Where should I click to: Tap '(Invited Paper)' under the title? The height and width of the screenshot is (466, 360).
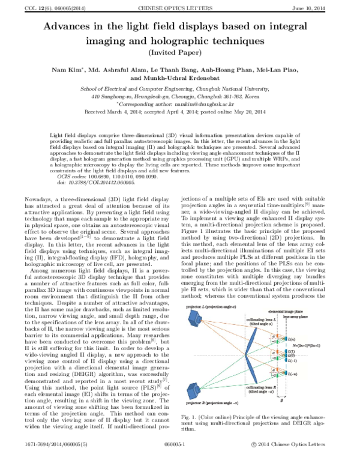(x=179, y=52)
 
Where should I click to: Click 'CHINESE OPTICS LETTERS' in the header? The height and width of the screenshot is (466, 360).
(x=179, y=6)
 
